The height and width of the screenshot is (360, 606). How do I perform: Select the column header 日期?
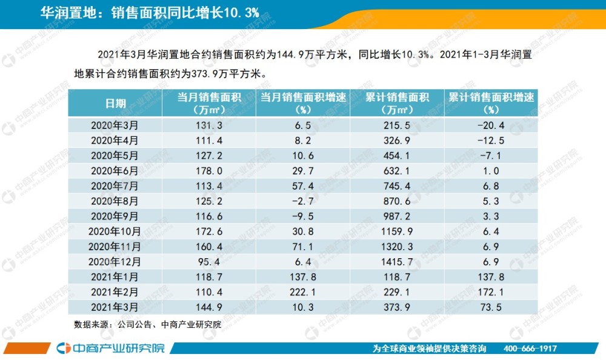click(115, 103)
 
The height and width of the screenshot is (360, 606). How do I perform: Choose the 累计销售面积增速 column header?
click(491, 103)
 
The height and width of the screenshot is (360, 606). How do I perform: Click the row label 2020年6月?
click(115, 171)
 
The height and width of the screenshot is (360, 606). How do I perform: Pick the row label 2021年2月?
click(115, 292)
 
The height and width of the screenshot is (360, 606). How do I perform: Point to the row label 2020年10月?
click(115, 232)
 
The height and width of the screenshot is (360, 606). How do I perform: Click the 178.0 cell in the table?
click(208, 171)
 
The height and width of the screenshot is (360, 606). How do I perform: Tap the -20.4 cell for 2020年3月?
click(491, 125)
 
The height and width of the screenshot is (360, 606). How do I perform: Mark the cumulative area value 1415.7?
click(397, 262)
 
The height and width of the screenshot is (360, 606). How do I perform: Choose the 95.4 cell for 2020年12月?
click(208, 262)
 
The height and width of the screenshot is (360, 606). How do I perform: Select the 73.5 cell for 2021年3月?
click(491, 307)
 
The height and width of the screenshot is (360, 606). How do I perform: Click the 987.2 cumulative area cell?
click(397, 216)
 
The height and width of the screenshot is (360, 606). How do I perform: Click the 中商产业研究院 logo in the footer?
click(109, 348)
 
